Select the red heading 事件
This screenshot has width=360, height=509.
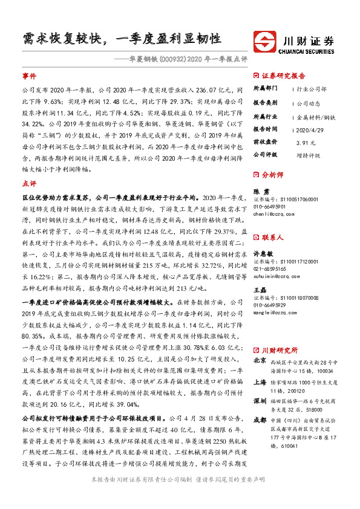(x=28, y=77)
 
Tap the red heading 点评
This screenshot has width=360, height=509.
(x=28, y=183)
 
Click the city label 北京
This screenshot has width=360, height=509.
(x=261, y=360)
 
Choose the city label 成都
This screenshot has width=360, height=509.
(x=261, y=420)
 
